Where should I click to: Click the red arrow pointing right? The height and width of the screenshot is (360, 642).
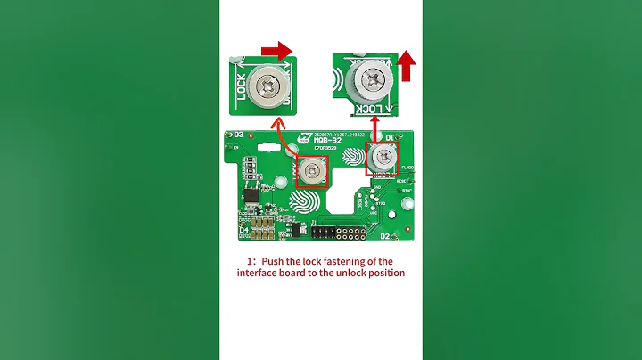[x=278, y=51]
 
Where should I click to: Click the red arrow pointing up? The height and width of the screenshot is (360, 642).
[x=406, y=64]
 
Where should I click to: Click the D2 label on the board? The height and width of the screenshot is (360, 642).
[x=385, y=237]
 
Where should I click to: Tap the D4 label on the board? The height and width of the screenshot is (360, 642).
[x=243, y=230]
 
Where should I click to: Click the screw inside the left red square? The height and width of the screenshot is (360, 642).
[x=311, y=169]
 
